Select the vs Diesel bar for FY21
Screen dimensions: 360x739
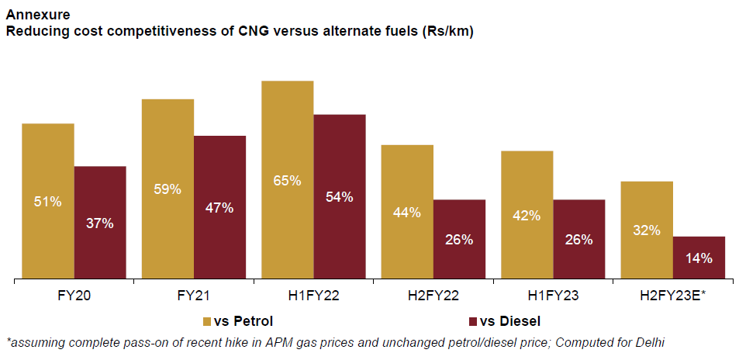219,207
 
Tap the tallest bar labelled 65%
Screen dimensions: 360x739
288,179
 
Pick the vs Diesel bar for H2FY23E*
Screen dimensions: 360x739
699,258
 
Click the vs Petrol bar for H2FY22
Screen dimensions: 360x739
407,211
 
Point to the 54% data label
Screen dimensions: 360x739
340,197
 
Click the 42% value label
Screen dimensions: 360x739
527,216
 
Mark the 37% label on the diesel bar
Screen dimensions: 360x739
100,223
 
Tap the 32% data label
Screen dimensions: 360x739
647,230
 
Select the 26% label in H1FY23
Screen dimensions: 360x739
579,240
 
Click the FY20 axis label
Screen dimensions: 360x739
74,296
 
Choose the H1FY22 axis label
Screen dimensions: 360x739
313,296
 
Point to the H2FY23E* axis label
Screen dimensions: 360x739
673,296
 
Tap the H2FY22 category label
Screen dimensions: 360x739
433,296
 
